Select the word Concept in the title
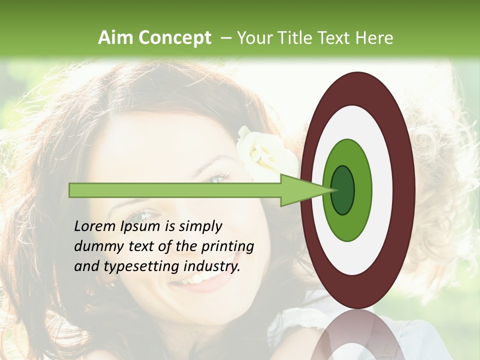click(174, 38)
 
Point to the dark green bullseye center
click(342, 190)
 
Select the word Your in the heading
click(253, 38)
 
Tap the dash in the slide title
click(226, 38)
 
